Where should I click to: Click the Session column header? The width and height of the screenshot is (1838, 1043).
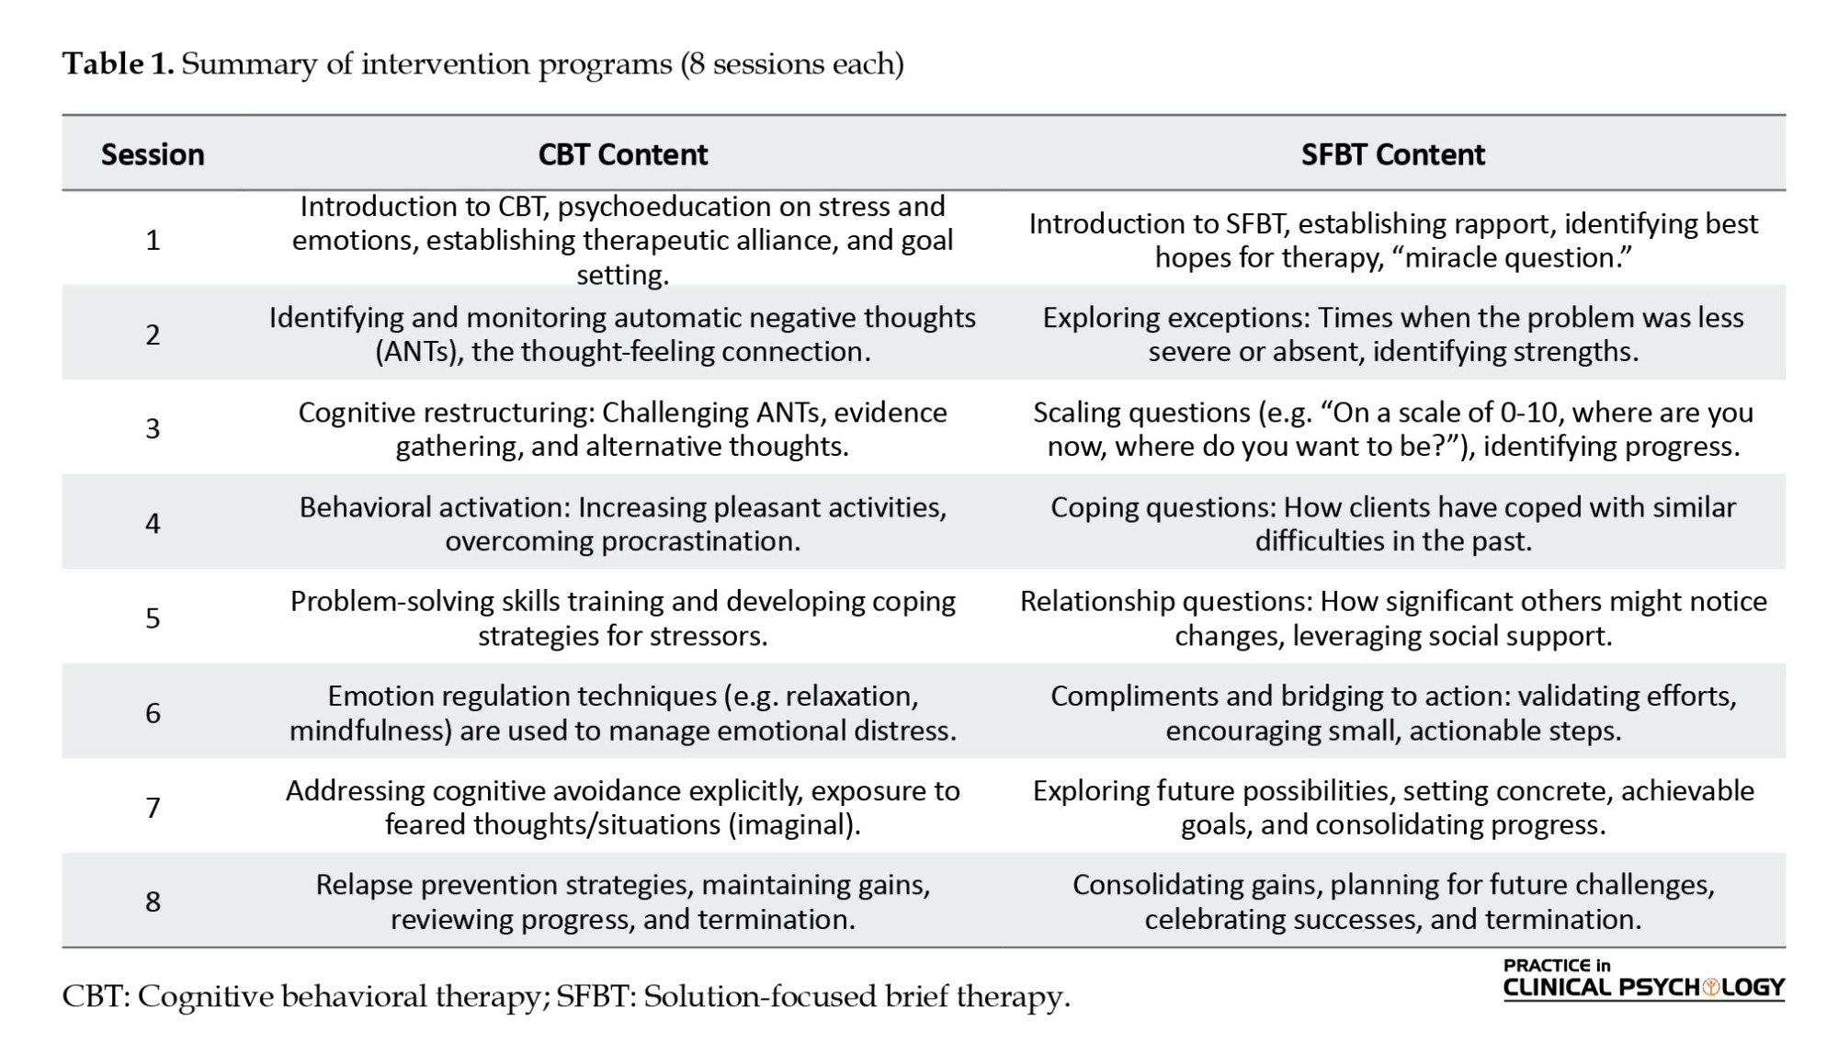153,154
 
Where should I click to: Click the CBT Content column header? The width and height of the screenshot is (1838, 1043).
622,154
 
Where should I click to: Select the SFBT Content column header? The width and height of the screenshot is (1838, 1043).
1392,154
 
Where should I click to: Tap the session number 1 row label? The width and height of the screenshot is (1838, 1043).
153,240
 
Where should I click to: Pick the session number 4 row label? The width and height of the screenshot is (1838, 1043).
153,523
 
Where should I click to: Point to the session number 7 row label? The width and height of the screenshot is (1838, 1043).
153,807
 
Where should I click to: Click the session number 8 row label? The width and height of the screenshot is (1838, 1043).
153,901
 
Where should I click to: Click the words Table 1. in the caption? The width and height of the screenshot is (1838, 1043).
118,64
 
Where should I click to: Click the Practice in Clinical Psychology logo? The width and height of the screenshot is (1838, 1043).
1643,980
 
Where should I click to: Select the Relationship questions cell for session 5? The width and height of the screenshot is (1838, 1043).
1392,618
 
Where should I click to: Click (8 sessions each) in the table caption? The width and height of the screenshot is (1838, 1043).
791,64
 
